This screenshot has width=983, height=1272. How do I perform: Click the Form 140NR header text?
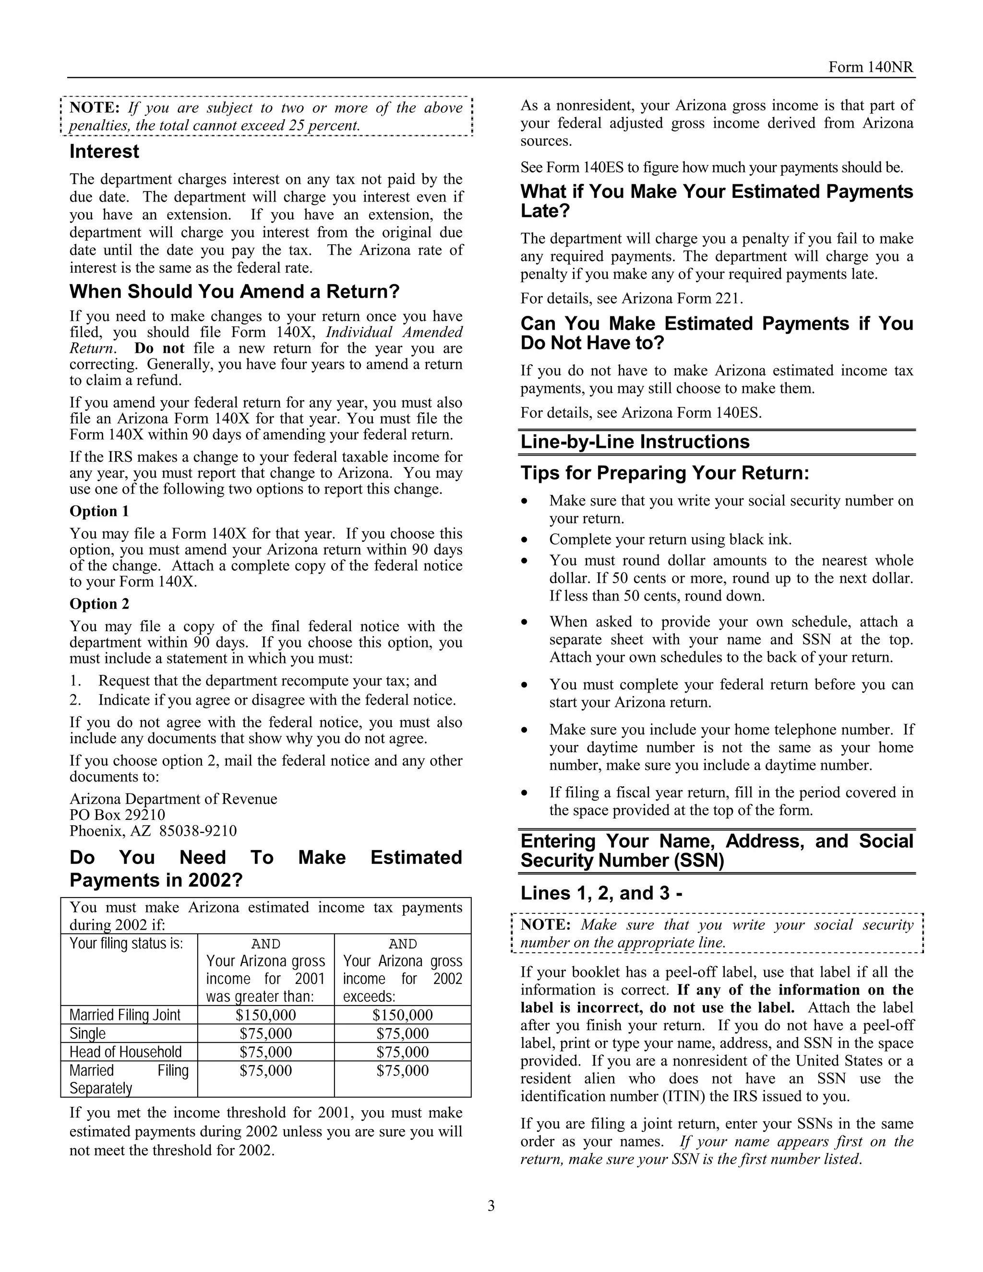pyautogui.click(x=871, y=67)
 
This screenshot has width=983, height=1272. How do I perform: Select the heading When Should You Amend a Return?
pyautogui.click(x=235, y=291)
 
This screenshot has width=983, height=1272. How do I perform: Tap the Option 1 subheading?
pyautogui.click(x=99, y=511)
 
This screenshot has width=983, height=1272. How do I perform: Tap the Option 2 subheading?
pyautogui.click(x=99, y=603)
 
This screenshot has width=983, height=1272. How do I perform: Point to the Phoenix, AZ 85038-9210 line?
pyautogui.click(x=153, y=830)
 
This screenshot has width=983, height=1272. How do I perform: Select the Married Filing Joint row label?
pyautogui.click(x=125, y=1015)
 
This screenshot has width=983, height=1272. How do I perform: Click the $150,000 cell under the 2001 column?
pyautogui.click(x=265, y=1015)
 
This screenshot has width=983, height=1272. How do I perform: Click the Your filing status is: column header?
pyautogui.click(x=126, y=943)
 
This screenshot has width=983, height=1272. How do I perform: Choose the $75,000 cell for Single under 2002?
pyautogui.click(x=402, y=1033)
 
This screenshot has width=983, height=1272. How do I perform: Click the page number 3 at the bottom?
pyautogui.click(x=491, y=1206)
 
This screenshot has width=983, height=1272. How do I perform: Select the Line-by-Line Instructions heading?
pyautogui.click(x=635, y=442)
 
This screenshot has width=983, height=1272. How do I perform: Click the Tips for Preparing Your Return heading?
pyautogui.click(x=664, y=473)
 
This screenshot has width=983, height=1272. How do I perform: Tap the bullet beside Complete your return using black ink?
pyautogui.click(x=525, y=540)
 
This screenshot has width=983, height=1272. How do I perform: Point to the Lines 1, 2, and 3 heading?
pyautogui.click(x=601, y=893)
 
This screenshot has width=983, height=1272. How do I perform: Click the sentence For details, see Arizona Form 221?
pyautogui.click(x=631, y=298)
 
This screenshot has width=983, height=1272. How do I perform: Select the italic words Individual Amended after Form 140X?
pyautogui.click(x=394, y=332)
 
